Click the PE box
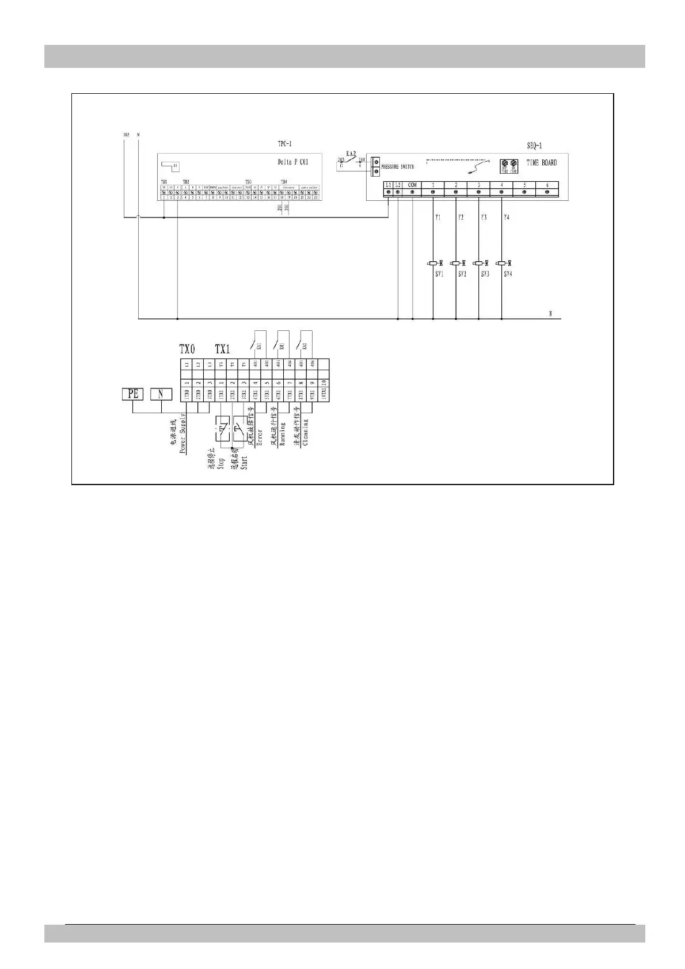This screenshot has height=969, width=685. click(x=133, y=394)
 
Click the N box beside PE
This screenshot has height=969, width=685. click(x=161, y=394)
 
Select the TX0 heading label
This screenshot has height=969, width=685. click(x=187, y=349)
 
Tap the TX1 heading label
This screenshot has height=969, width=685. click(x=222, y=349)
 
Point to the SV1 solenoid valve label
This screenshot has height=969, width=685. click(x=439, y=274)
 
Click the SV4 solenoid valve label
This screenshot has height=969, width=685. click(x=508, y=274)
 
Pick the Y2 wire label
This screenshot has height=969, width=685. click(x=461, y=218)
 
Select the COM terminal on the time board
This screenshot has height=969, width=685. click(x=413, y=185)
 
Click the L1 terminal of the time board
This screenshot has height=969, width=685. click(x=389, y=185)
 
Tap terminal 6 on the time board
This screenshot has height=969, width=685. click(x=547, y=185)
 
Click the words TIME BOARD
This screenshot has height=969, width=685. click(x=542, y=163)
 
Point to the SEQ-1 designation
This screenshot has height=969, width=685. click(x=534, y=146)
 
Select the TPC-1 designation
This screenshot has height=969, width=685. click(x=284, y=144)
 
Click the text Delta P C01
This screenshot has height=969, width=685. click(x=293, y=162)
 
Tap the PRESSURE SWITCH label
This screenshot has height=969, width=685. click(x=397, y=167)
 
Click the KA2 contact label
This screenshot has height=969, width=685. click(x=351, y=154)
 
